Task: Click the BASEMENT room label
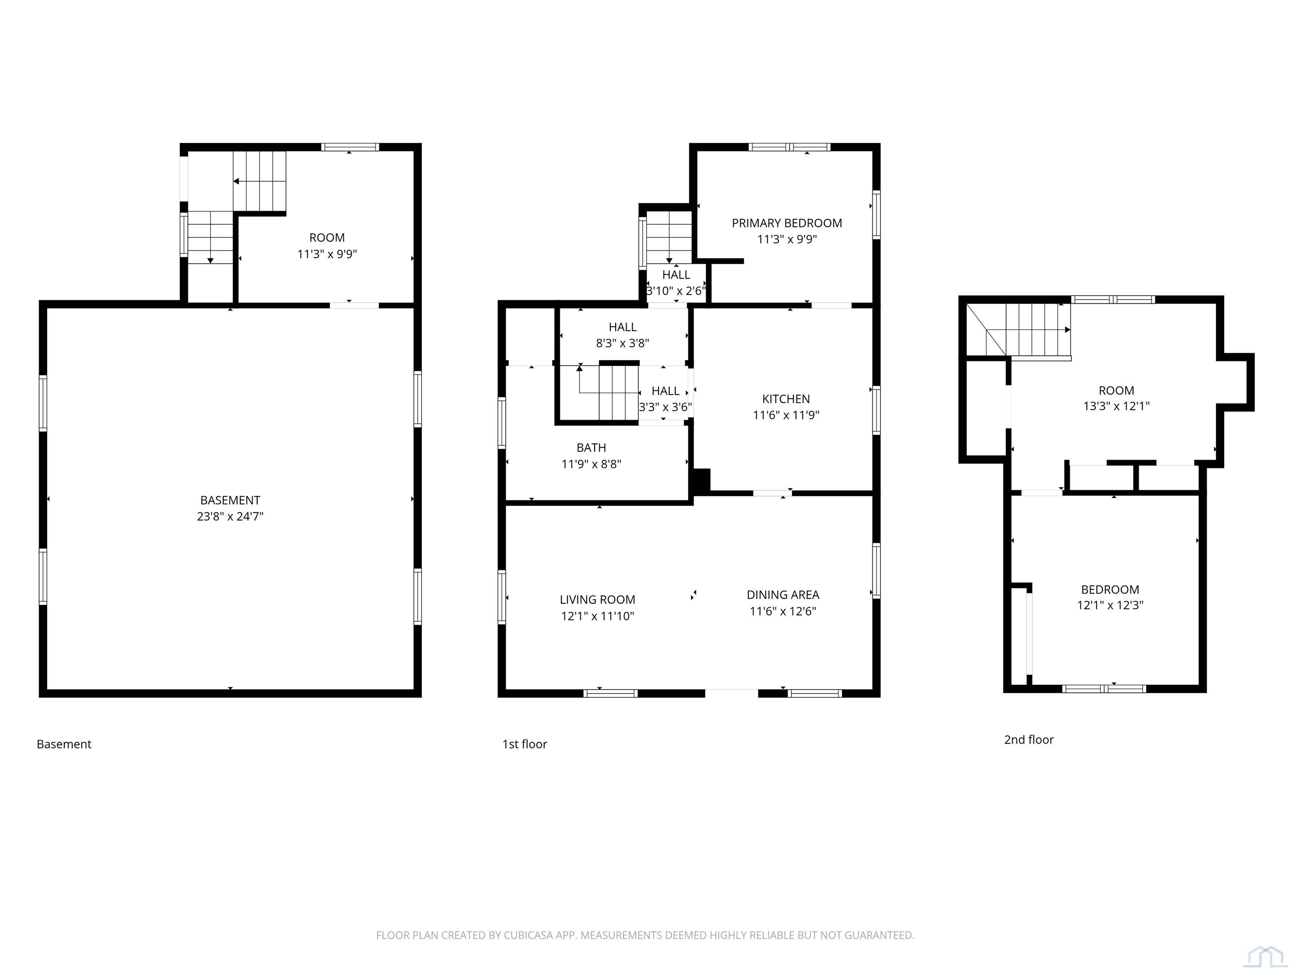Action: pyautogui.click(x=230, y=500)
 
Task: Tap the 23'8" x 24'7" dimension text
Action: pyautogui.click(x=230, y=516)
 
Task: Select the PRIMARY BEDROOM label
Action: pyautogui.click(x=787, y=223)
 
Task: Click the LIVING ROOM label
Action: pyautogui.click(x=597, y=600)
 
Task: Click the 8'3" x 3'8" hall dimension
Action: pyautogui.click(x=622, y=344)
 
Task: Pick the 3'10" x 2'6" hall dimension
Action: pyautogui.click(x=676, y=291)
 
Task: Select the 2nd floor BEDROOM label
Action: pyautogui.click(x=1109, y=590)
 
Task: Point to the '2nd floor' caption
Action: pyautogui.click(x=1028, y=740)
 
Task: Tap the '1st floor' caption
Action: pyautogui.click(x=525, y=744)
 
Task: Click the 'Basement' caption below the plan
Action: pyautogui.click(x=64, y=744)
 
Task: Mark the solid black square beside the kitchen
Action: pyautogui.click(x=701, y=480)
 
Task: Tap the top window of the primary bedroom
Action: pyautogui.click(x=789, y=147)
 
